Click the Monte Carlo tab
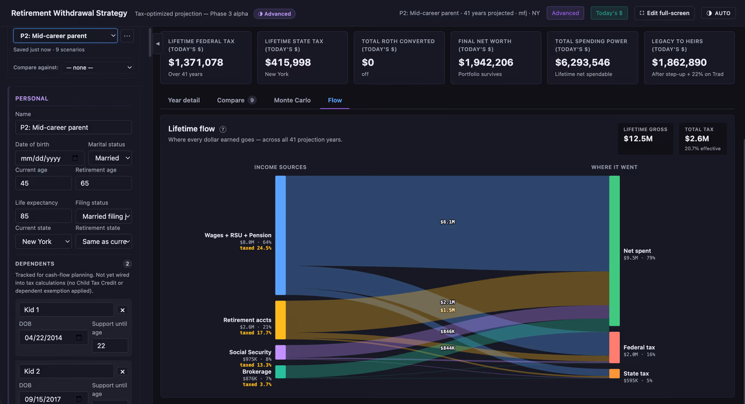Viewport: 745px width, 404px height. click(292, 100)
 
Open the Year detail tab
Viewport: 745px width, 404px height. click(183, 100)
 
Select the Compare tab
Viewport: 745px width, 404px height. click(236, 100)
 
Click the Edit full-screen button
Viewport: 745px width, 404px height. click(664, 13)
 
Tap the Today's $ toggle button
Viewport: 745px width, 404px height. click(609, 13)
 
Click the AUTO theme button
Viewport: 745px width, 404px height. click(718, 13)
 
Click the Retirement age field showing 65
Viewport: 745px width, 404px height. click(104, 183)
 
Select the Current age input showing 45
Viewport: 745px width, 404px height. click(43, 183)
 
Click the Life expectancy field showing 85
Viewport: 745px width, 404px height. click(43, 216)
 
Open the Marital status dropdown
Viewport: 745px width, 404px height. click(110, 158)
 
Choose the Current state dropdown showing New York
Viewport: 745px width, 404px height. click(43, 242)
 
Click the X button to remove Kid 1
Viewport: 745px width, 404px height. click(122, 310)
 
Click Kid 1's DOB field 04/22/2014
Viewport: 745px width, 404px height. click(53, 338)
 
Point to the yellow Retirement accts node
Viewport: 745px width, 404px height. click(281, 320)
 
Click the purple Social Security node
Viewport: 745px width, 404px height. click(281, 352)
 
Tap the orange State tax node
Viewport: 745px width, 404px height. click(614, 373)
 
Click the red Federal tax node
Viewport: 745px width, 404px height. click(614, 347)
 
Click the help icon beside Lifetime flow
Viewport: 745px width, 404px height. click(223, 129)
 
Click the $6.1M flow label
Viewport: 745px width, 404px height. click(448, 222)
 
